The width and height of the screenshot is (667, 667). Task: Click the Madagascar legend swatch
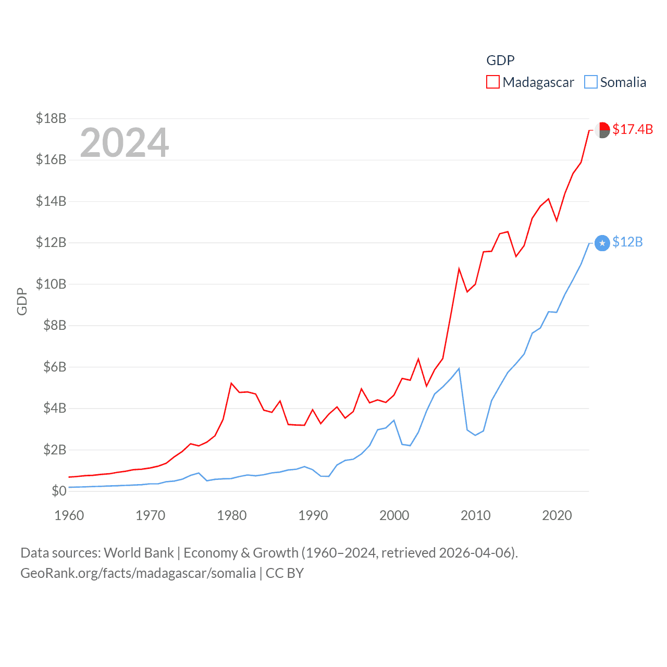(x=492, y=82)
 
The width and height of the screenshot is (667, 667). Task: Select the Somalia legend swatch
(x=590, y=82)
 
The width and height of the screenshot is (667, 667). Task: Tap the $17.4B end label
(x=633, y=129)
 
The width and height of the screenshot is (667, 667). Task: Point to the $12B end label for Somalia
(x=627, y=242)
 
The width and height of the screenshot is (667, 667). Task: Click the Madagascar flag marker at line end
(x=602, y=130)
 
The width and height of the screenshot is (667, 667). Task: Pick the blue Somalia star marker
(x=602, y=243)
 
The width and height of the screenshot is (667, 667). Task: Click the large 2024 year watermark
(x=125, y=143)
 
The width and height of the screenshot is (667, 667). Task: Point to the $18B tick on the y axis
(x=51, y=118)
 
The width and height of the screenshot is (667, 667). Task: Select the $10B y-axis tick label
(x=51, y=284)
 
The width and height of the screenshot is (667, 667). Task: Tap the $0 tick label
(x=59, y=491)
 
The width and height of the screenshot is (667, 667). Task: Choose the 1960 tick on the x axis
(x=69, y=515)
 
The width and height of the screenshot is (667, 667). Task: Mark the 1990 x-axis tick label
(x=313, y=515)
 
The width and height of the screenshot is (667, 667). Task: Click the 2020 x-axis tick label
(x=557, y=515)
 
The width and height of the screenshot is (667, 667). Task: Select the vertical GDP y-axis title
(x=22, y=301)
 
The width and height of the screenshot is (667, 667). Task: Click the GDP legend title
(x=500, y=60)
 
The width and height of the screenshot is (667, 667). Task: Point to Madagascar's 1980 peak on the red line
(x=231, y=384)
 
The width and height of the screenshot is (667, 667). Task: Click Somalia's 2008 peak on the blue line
(x=459, y=369)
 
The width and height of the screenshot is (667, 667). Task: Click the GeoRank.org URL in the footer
(x=138, y=573)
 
